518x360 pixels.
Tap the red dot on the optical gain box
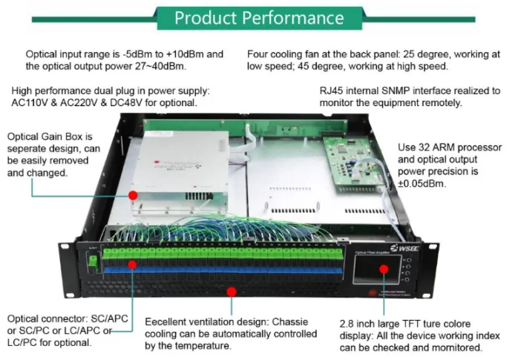click(x=134, y=194)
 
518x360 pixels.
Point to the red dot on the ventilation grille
click(x=232, y=292)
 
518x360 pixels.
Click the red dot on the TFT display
click(x=384, y=268)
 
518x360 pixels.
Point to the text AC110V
click(x=30, y=102)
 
